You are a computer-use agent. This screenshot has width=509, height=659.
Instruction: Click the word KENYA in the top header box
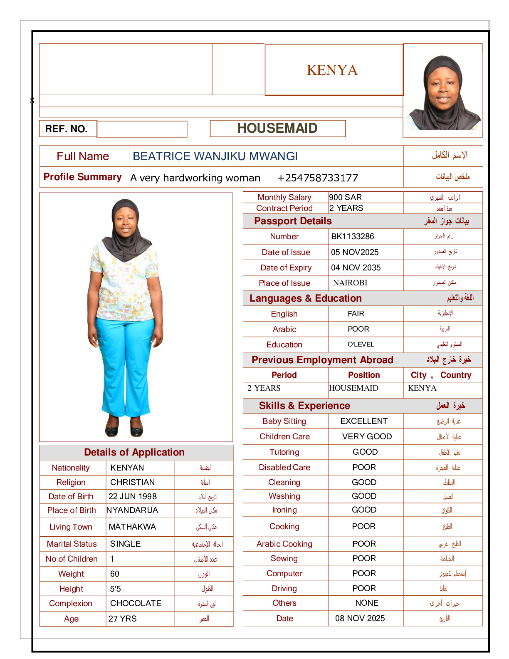tap(332, 70)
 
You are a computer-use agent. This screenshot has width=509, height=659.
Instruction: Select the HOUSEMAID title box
tap(277, 128)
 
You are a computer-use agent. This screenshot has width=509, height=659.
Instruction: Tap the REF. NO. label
tap(66, 129)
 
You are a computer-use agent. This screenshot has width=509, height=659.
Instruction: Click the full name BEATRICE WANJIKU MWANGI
tap(215, 156)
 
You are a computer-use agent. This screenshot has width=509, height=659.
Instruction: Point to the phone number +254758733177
tap(317, 178)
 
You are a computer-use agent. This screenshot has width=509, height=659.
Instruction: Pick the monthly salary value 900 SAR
tap(345, 197)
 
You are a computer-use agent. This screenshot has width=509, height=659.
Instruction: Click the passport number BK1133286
tap(353, 236)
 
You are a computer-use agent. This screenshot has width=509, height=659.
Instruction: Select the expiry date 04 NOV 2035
tap(356, 268)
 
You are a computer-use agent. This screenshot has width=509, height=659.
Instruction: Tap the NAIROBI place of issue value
tap(350, 283)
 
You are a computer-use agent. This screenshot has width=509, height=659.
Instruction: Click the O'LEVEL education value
tap(361, 344)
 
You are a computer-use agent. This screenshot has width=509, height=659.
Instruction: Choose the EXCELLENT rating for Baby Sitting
tap(364, 421)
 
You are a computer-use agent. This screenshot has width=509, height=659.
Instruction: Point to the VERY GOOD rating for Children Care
tap(367, 436)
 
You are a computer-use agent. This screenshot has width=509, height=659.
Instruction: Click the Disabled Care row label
tap(284, 467)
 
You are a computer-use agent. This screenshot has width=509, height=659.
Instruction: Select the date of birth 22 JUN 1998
tap(133, 496)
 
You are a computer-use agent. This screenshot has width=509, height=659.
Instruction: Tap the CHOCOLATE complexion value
tap(136, 603)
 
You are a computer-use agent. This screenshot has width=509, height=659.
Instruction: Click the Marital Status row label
tap(72, 544)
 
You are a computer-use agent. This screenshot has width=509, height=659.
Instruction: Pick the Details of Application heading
tap(134, 452)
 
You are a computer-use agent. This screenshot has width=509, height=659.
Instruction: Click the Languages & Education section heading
tap(306, 298)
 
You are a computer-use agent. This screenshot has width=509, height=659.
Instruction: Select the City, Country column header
tap(441, 375)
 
